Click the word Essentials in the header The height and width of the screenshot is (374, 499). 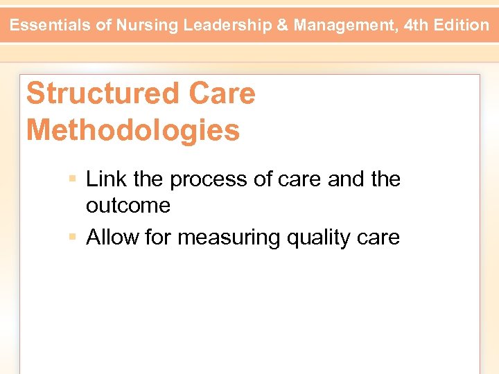[x=51, y=26]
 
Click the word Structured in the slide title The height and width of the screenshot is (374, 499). [x=102, y=93]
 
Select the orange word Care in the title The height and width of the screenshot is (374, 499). [x=221, y=93]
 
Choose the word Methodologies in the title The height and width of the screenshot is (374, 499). [x=133, y=130]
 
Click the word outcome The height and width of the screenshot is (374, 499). [x=128, y=206]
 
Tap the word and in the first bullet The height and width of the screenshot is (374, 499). [x=347, y=179]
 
